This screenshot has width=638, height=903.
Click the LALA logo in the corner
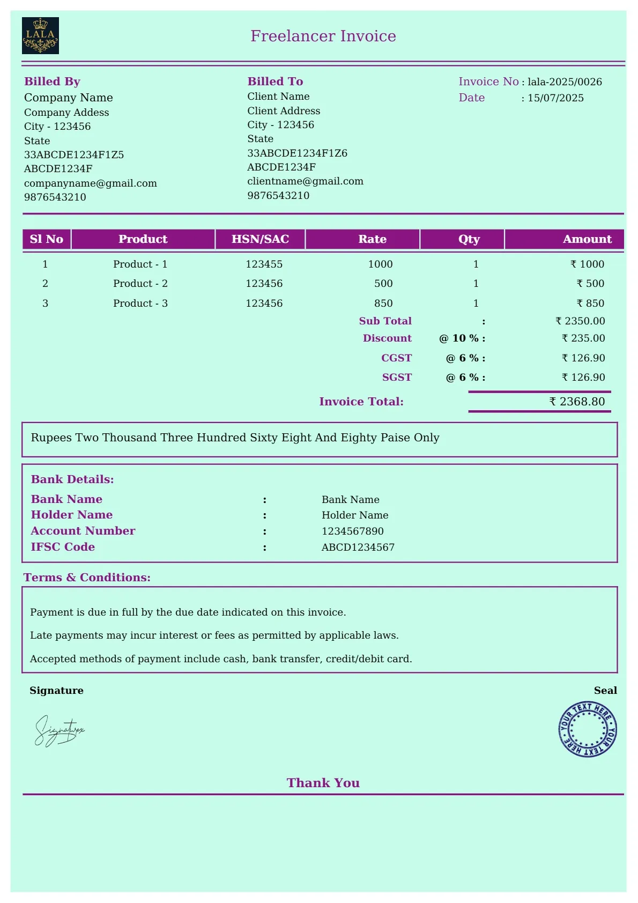point(40,36)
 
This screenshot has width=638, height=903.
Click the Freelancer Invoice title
point(323,36)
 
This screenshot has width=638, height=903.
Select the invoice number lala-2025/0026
point(565,82)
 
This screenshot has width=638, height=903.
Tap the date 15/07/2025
point(555,98)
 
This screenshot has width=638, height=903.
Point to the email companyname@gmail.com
point(91,183)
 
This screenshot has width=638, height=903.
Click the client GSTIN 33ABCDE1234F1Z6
point(297,153)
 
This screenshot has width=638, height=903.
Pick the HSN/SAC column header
point(260,239)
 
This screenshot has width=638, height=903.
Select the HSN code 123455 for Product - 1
point(264,264)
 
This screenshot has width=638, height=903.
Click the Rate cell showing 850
point(383,304)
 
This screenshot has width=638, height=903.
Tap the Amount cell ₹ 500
point(590,284)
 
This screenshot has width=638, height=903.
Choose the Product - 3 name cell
point(140,304)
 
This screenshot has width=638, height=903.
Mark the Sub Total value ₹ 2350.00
point(580,321)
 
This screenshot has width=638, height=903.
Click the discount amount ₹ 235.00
point(583,338)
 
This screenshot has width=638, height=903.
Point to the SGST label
point(397,378)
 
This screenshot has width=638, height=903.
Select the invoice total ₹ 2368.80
point(577,402)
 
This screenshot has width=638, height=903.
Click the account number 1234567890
point(353,531)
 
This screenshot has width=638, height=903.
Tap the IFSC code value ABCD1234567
point(358,547)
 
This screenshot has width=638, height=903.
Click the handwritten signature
point(59,730)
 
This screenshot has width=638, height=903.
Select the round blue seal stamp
point(588,729)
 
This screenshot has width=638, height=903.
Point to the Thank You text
point(323,783)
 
